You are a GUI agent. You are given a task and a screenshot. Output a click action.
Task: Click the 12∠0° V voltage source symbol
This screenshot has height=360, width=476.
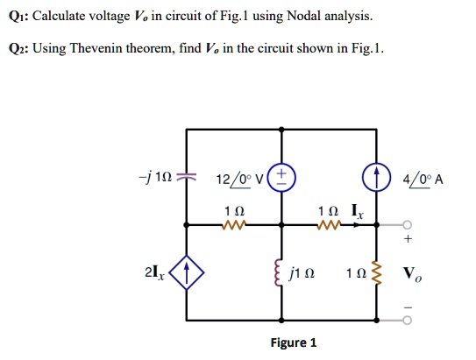[282, 178]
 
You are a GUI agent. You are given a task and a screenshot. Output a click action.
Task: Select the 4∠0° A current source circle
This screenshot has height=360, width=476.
[378, 178]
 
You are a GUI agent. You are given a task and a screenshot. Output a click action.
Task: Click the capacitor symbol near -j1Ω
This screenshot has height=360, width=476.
[185, 179]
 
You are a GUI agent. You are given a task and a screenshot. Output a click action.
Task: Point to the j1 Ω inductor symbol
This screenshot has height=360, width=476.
[282, 279]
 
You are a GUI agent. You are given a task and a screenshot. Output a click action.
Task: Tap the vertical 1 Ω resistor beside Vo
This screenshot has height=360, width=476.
[378, 279]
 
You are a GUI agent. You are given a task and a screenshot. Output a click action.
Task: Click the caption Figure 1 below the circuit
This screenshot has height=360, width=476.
[295, 342]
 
